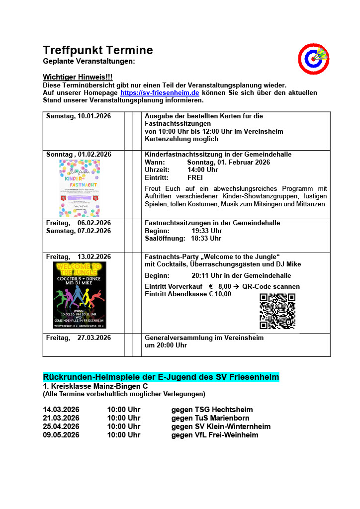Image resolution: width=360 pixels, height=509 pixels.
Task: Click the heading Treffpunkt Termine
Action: (98, 50)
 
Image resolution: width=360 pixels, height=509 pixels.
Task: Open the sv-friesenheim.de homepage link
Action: (160, 92)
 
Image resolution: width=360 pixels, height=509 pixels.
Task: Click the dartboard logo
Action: (313, 59)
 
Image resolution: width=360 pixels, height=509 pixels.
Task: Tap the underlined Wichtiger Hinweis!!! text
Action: (78, 77)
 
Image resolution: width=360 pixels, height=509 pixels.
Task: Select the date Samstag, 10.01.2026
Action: (79, 116)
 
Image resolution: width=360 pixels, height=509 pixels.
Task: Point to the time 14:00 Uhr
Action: (202, 170)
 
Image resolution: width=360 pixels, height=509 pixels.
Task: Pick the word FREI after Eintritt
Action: (195, 177)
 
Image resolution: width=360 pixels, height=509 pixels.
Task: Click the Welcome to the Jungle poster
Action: (80, 295)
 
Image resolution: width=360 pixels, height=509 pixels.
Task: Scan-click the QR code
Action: (277, 311)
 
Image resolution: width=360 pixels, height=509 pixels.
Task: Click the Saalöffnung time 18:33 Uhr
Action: (206, 238)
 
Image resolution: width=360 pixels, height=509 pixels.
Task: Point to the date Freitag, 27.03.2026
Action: (79, 338)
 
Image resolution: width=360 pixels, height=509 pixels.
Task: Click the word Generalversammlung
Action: (177, 338)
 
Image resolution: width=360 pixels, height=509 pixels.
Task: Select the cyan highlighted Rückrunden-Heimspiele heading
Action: (161, 377)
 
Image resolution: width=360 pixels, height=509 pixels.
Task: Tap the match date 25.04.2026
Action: (61, 426)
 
